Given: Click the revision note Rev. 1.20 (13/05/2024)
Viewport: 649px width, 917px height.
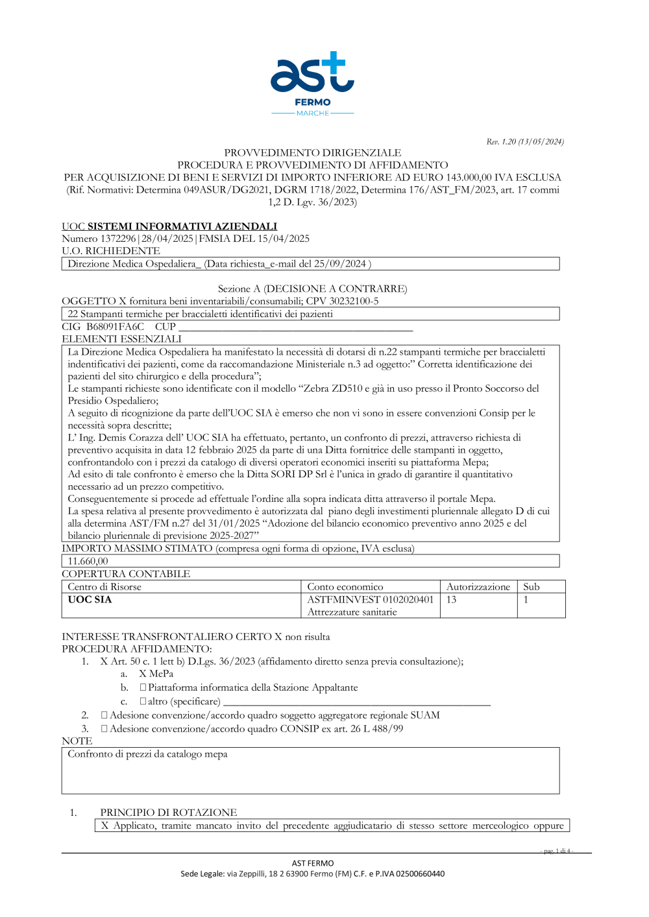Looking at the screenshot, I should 525,141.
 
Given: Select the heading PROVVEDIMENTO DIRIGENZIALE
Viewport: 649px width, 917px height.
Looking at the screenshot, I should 312,153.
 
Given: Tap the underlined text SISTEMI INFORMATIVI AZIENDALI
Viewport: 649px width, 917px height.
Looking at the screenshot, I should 182,226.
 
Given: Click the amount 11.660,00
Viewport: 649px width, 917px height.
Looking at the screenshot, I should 88,561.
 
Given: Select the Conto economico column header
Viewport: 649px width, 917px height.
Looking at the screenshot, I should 345,587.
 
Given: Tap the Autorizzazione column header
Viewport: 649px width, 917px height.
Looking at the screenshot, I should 478,587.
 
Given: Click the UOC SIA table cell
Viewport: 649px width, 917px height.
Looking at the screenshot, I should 90,599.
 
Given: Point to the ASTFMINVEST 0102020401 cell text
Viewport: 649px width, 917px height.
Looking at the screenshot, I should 370,599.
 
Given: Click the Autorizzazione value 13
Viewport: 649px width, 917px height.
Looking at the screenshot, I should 451,599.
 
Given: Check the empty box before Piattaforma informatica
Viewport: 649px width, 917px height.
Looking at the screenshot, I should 143,687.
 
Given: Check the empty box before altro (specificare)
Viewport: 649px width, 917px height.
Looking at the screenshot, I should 143,701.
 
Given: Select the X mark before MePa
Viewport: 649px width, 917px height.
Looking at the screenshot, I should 143,674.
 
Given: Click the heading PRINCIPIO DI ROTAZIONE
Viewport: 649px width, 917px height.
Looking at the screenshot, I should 169,813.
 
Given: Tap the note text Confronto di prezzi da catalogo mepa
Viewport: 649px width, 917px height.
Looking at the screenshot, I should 147,754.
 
